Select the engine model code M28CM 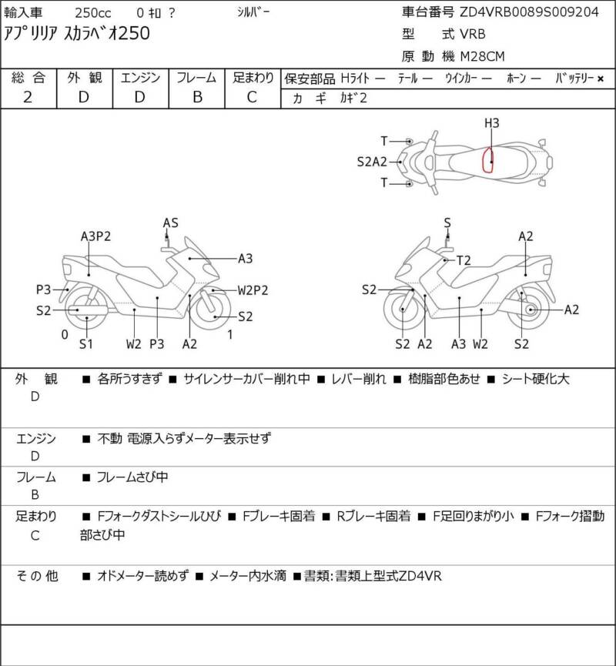pos(483,55)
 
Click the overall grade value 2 pos(28,96)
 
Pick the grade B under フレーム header pos(197,96)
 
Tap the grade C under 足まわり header pos(252,96)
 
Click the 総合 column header pos(28,77)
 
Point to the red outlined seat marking pos(488,159)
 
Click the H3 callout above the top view pos(491,123)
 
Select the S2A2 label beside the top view pos(371,162)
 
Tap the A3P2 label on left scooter pos(95,236)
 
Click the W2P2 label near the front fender pos(253,290)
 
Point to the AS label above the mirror pos(170,223)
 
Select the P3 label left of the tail pos(43,289)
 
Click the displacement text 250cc pos(92,12)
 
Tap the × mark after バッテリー pos(601,78)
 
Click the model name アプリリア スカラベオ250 pos(78,33)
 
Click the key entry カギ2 pos(353,98)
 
